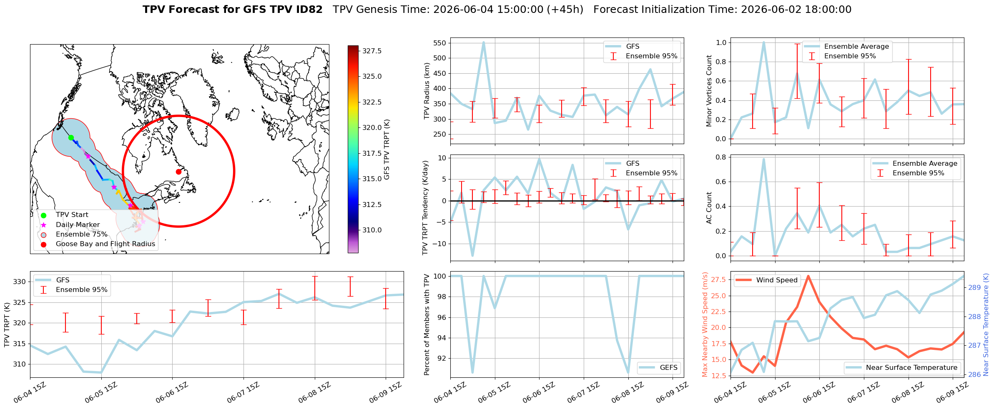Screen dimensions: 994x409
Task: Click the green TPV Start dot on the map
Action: (71, 137)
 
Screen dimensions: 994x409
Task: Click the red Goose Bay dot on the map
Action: (178, 172)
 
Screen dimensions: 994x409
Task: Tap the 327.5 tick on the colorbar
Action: (372, 51)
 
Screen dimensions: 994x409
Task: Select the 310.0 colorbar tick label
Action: (372, 230)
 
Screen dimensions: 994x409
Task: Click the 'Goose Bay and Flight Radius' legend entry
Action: (105, 244)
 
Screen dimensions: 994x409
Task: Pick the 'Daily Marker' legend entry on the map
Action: (78, 225)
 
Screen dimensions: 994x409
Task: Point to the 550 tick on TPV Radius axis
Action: (439, 43)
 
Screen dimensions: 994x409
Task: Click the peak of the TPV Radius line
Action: (484, 42)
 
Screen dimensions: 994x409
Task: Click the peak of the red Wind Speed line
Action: (808, 276)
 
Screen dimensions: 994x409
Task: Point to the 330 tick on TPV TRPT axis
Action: (20, 282)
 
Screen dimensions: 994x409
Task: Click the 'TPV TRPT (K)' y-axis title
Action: (7, 325)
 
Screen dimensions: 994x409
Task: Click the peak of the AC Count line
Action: (764, 159)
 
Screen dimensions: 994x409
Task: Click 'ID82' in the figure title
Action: (308, 10)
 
